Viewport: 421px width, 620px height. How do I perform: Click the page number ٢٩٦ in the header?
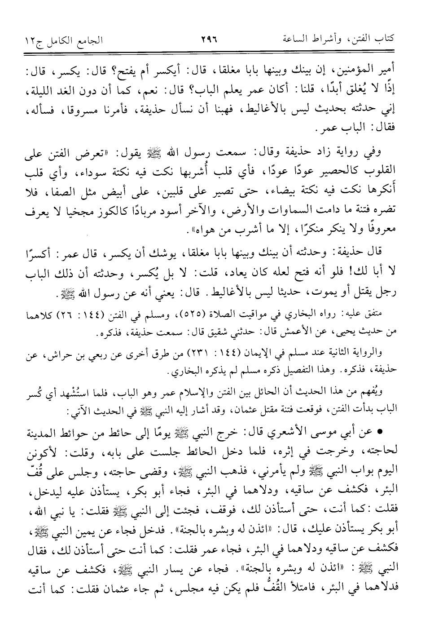point(210,40)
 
